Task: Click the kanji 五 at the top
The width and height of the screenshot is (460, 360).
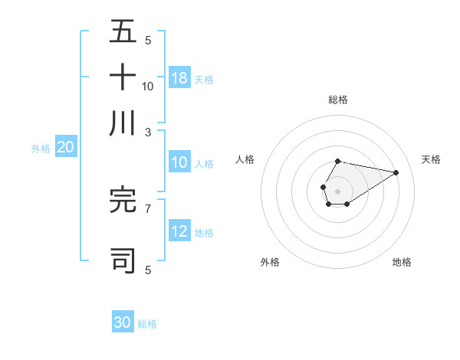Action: tap(123, 31)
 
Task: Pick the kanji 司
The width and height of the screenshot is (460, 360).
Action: tap(123, 260)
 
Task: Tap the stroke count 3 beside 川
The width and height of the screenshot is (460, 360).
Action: tap(147, 132)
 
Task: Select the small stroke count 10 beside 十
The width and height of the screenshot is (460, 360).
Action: tap(147, 86)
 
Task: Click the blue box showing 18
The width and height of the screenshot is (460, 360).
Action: tap(179, 77)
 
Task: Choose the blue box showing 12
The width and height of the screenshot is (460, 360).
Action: tap(179, 231)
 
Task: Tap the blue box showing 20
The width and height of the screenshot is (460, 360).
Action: tap(65, 148)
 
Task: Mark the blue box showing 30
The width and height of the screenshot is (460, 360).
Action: tap(123, 322)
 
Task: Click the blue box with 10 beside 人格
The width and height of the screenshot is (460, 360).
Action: tap(179, 162)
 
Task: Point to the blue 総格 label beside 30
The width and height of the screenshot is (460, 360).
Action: tap(147, 324)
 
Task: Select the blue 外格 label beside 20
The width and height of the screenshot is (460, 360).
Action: tap(41, 149)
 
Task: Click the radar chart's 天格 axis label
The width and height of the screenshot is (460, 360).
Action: tap(431, 159)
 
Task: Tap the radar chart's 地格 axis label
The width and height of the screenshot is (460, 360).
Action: tap(402, 262)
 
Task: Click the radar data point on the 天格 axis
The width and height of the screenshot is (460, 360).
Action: tap(396, 172)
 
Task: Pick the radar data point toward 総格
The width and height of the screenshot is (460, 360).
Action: tap(337, 162)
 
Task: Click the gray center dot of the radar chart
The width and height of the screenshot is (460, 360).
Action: tap(337, 190)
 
